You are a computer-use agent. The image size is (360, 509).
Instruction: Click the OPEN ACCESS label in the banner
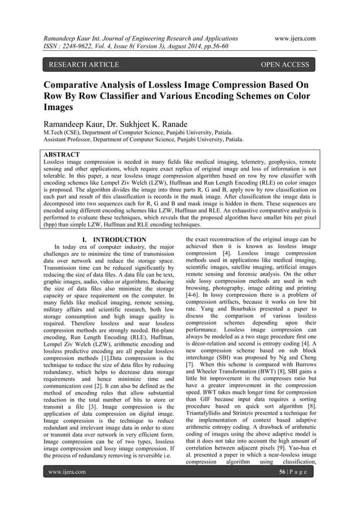(x=284, y=65)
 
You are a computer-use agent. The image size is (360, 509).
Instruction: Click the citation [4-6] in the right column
(x=194, y=294)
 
